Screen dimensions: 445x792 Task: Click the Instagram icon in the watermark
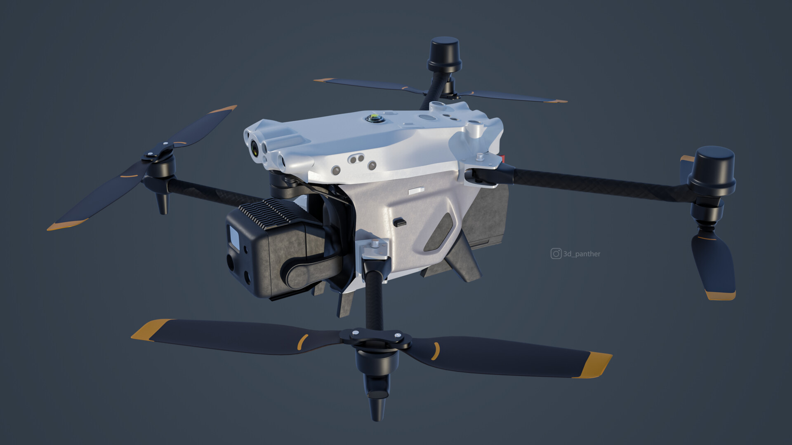point(556,253)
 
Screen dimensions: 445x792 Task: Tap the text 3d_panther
point(582,254)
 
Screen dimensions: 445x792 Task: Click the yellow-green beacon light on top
point(375,118)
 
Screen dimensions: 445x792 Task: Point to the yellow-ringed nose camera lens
point(255,147)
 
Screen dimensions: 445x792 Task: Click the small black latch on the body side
point(399,222)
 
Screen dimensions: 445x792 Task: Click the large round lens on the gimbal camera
point(231,261)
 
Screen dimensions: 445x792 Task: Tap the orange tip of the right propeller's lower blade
point(720,295)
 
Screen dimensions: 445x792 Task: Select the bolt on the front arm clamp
point(375,244)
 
